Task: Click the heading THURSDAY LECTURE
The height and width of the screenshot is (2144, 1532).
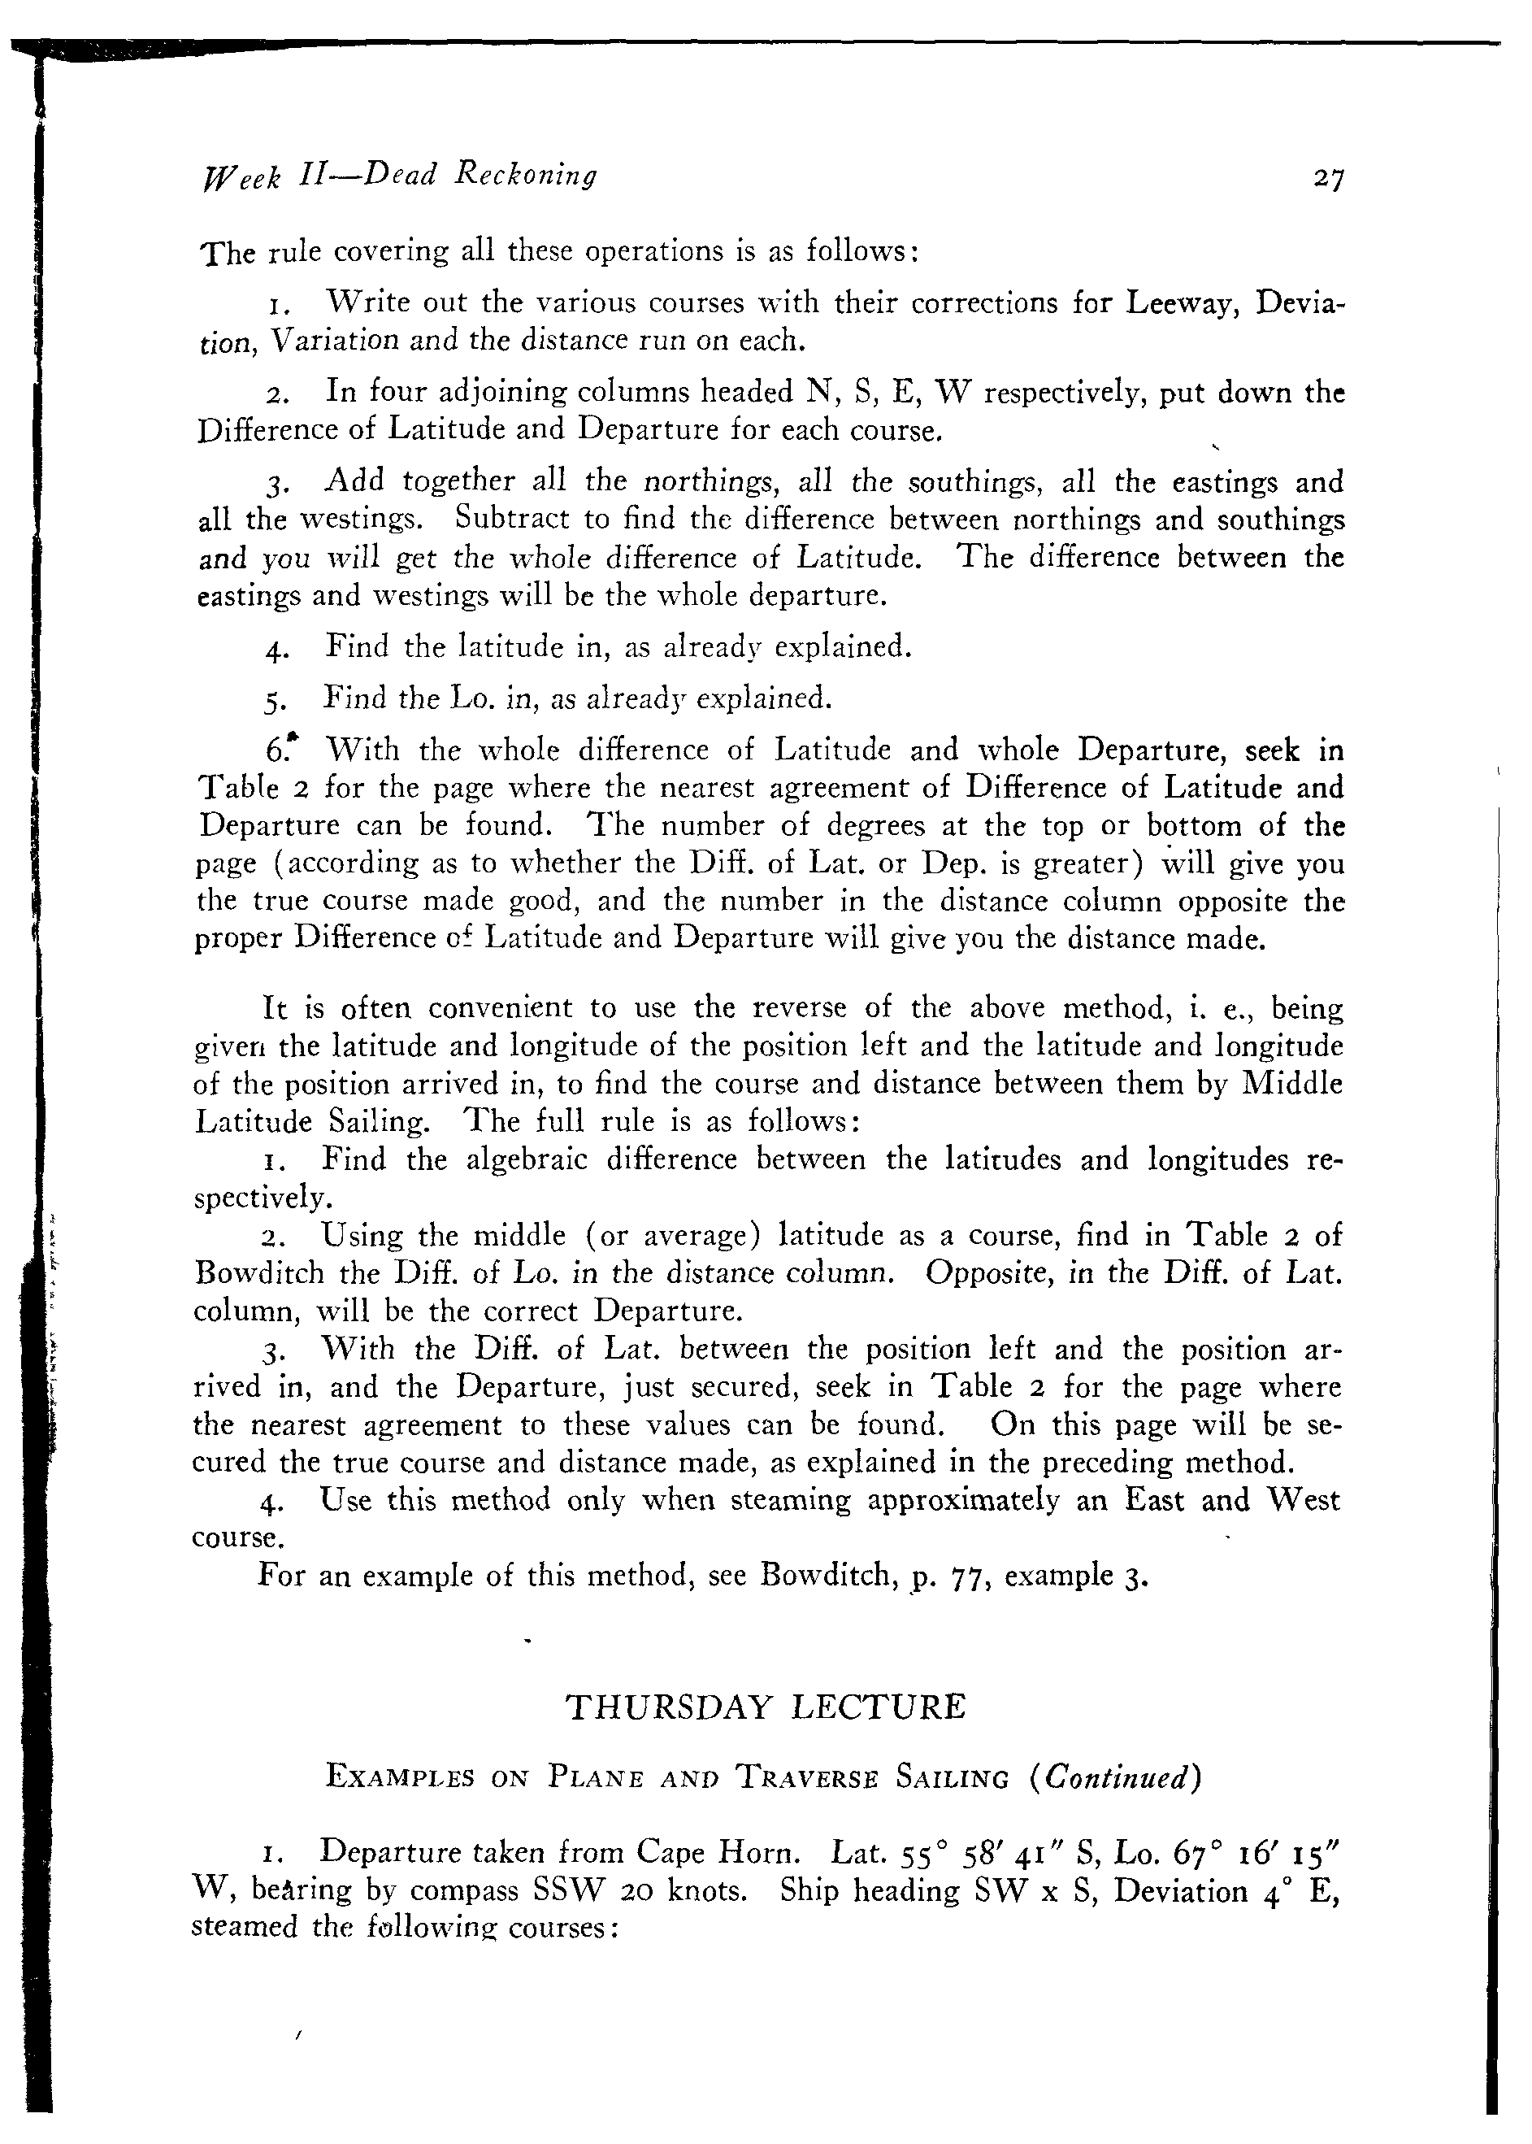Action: click(x=765, y=1708)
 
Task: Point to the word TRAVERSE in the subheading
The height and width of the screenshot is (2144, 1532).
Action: click(x=805, y=1779)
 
